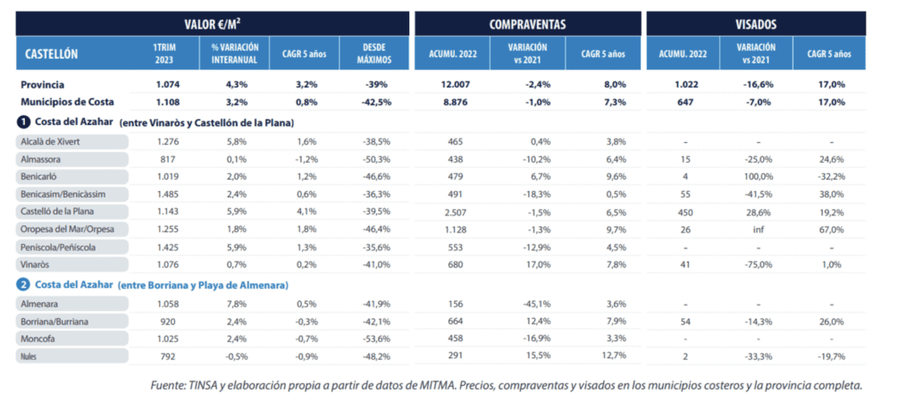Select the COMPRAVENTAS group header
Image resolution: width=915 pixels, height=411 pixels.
point(525,22)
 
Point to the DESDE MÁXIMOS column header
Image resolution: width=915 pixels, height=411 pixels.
point(372,54)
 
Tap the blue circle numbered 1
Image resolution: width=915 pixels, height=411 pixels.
point(23,122)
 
